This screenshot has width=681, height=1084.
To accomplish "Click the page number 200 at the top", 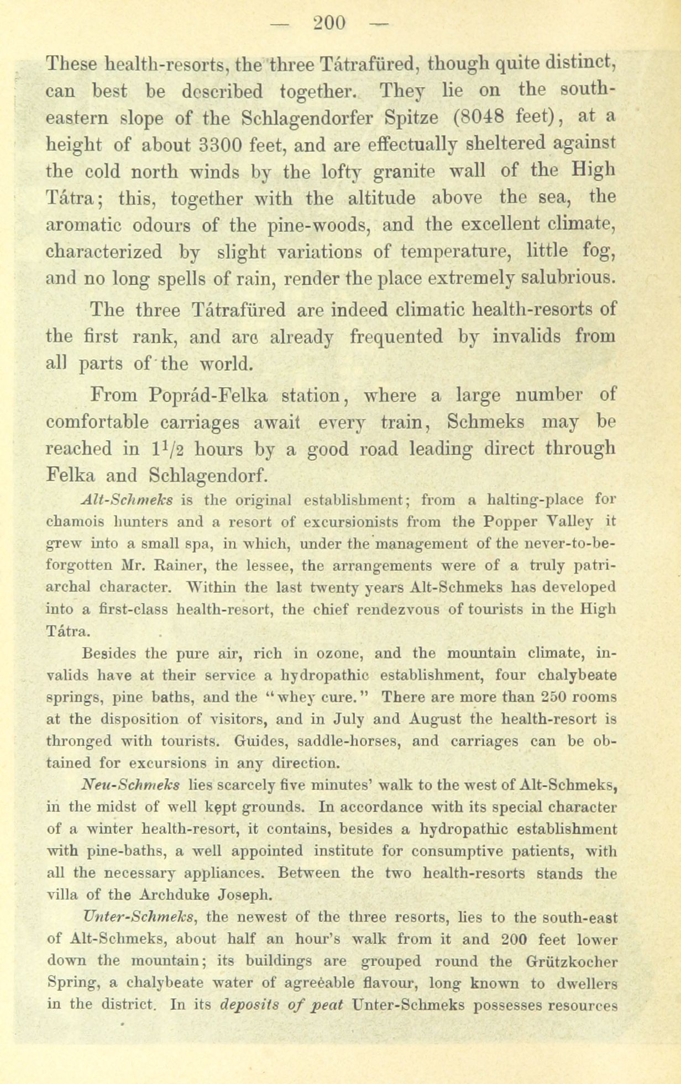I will [329, 23].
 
